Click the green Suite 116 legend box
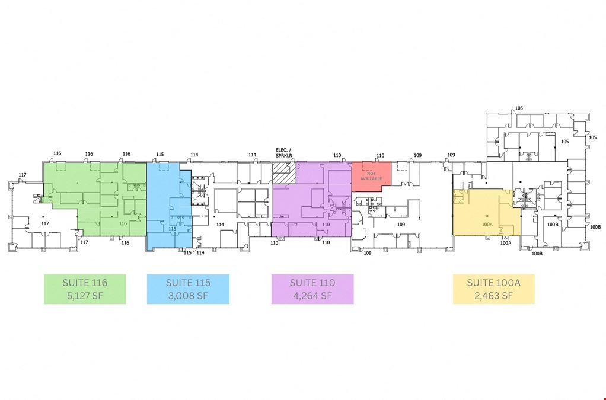[85, 289]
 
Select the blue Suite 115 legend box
[188, 289]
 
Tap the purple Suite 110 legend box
[312, 289]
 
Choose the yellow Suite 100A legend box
[493, 289]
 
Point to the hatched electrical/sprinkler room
[284, 172]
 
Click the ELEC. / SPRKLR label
[284, 152]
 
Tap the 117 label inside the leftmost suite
[45, 223]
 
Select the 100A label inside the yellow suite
[487, 225]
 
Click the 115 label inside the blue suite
[173, 229]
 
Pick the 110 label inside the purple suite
[326, 225]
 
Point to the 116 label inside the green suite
[123, 223]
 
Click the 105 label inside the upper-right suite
[565, 142]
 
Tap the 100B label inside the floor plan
[553, 225]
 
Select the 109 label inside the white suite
[401, 225]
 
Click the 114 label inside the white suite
[221, 225]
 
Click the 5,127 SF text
[85, 296]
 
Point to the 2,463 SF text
[493, 296]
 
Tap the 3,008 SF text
[188, 296]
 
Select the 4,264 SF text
[312, 296]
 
